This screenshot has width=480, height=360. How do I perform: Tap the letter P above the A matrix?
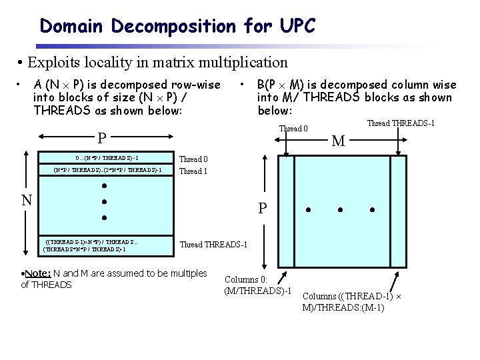point(102,138)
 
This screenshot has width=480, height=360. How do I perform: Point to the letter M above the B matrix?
point(339,141)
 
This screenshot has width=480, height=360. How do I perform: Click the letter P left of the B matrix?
point(263,209)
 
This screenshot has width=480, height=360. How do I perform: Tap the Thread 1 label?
point(193,171)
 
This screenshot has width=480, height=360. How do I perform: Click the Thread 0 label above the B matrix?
point(293,129)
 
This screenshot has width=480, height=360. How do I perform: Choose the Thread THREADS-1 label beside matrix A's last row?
point(213,245)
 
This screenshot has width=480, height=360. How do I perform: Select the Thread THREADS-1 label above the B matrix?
point(401,123)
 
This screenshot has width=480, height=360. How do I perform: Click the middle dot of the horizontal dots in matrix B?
point(339,210)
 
